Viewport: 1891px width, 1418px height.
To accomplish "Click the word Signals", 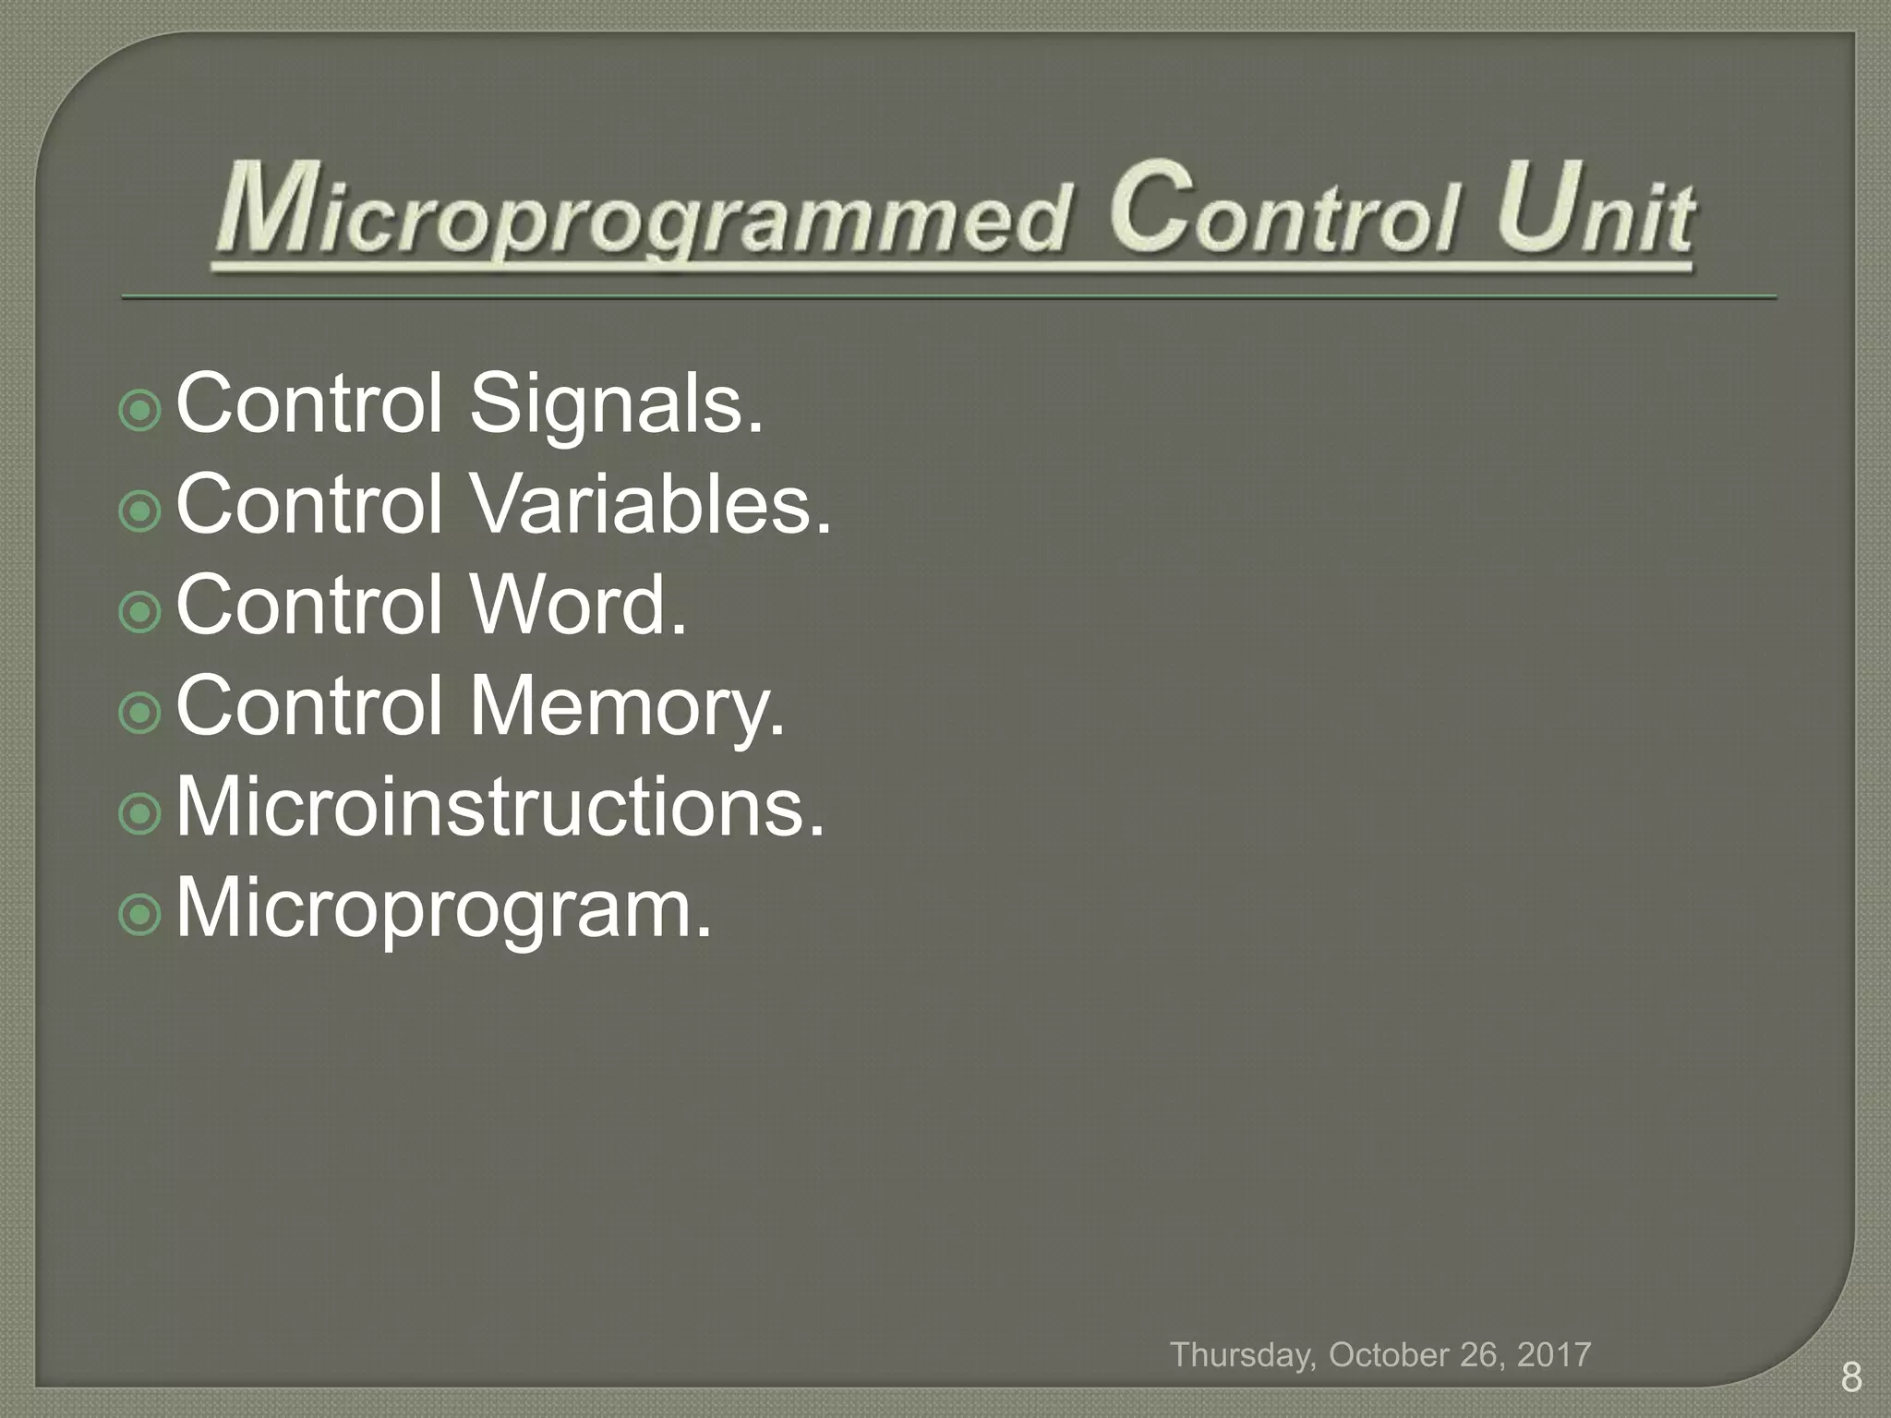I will (x=617, y=406).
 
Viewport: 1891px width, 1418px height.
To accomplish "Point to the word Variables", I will (x=651, y=506).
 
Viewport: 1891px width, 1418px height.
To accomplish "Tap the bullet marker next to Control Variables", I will (x=140, y=511).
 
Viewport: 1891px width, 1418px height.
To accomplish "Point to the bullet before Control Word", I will (x=140, y=611).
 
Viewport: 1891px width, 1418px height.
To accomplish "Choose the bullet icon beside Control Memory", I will (x=140, y=712).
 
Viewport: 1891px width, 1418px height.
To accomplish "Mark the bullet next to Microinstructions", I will (x=140, y=812).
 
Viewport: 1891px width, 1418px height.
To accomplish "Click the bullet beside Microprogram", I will (x=140, y=914).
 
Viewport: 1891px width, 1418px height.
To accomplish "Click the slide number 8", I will (x=1850, y=1377).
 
